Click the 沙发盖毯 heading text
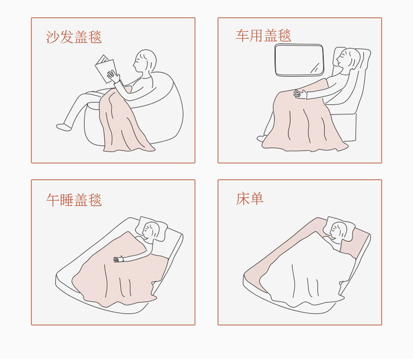pyautogui.click(x=74, y=37)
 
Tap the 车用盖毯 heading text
pyautogui.click(x=263, y=36)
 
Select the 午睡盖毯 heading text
pyautogui.click(x=74, y=200)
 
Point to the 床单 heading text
pyautogui.click(x=249, y=199)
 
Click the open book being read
pyautogui.click(x=106, y=68)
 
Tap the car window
pyautogui.click(x=299, y=60)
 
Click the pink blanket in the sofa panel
pyautogui.click(x=124, y=121)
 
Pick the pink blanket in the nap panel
pyautogui.click(x=119, y=274)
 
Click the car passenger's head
pyautogui.click(x=349, y=59)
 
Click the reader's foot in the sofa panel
pyautogui.click(x=64, y=127)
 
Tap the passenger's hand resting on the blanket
pyautogui.click(x=300, y=94)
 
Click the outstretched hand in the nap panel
pyautogui.click(x=119, y=259)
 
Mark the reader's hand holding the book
pyautogui.click(x=113, y=76)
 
